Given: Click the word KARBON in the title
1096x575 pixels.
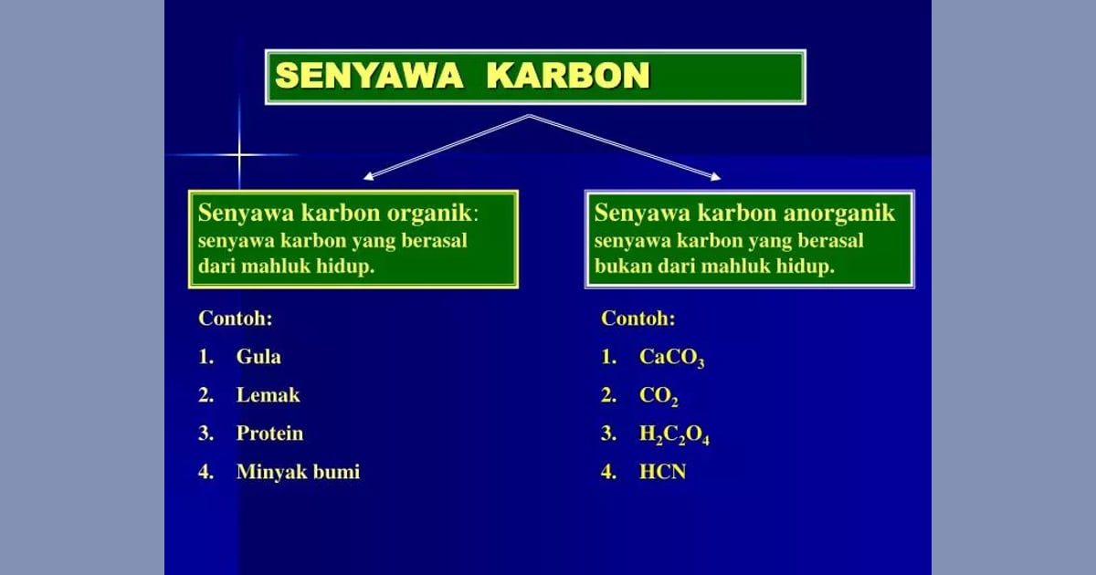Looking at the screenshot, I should point(567,77).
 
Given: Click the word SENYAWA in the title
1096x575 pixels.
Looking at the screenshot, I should point(369,77).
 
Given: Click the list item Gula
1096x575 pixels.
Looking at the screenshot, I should point(258,357).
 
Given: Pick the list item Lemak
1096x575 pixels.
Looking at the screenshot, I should point(268,395).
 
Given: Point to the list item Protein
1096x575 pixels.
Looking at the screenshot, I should point(269,434).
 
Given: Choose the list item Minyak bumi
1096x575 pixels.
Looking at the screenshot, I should point(298,472).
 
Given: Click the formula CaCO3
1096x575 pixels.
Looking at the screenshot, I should point(671,358).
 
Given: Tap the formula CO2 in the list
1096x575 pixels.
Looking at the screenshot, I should point(659,396).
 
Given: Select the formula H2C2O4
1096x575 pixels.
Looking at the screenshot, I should point(674,435).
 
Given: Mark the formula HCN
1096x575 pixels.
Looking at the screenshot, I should point(662,472).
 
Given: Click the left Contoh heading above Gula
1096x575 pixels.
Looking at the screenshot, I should point(236,319).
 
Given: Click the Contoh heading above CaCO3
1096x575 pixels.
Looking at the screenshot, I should point(638,319).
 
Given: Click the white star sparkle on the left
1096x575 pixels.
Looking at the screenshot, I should point(239,155).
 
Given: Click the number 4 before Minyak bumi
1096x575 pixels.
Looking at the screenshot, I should point(205,472).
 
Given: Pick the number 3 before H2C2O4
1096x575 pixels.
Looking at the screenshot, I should point(607,434).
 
